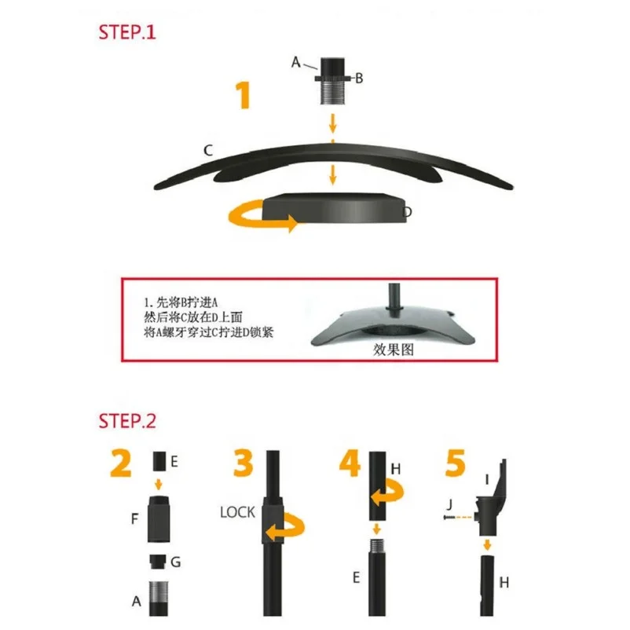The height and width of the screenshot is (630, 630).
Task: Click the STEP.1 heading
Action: tap(127, 32)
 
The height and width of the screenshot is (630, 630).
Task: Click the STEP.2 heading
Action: tap(127, 421)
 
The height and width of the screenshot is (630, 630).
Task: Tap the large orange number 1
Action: tap(243, 95)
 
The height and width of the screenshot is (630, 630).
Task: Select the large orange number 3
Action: tap(244, 463)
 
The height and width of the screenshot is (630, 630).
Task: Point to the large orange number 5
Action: tap(456, 463)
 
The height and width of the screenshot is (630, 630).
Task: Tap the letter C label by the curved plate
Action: tap(207, 150)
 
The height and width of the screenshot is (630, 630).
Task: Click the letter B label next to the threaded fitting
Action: tap(359, 78)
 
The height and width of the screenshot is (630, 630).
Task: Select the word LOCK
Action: tap(237, 512)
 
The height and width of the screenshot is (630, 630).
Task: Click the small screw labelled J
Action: tap(449, 518)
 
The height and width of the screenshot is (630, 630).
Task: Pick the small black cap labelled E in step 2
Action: tap(159, 461)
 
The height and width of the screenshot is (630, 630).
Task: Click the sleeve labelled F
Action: tap(159, 519)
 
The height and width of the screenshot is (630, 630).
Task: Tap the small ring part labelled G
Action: tap(158, 562)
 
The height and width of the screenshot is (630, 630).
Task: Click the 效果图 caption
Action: tap(394, 350)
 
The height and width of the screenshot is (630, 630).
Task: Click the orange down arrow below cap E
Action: tap(159, 484)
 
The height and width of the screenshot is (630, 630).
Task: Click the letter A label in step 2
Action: tap(136, 601)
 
